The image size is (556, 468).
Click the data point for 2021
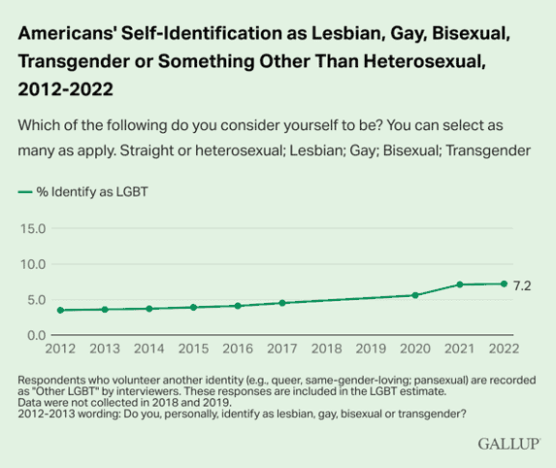point(460,284)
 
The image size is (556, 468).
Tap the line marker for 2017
point(281,303)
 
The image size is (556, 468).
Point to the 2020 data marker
point(415,295)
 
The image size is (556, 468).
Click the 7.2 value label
point(521,284)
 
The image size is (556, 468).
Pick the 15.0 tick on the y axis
point(33,228)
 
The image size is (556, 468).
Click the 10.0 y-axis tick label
point(33,264)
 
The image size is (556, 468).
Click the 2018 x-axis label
point(327,348)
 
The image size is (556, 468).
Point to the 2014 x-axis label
point(148,348)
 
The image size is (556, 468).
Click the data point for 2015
point(193,307)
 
